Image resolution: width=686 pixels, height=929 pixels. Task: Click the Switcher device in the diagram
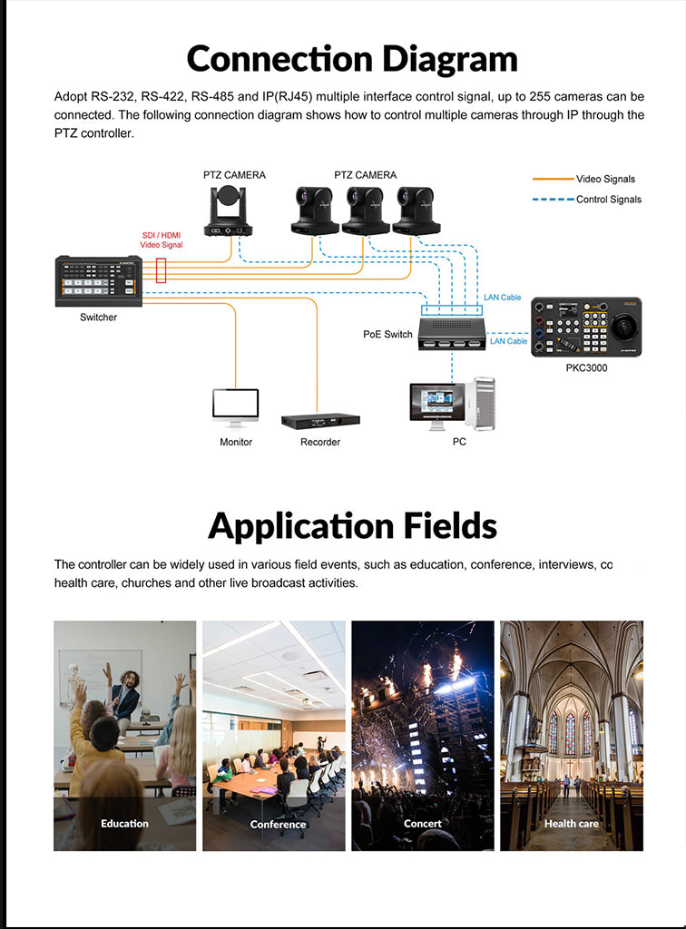[x=98, y=281]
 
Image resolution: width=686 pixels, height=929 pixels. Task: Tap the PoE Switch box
[x=452, y=334]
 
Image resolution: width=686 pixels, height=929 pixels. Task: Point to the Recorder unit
[x=320, y=421]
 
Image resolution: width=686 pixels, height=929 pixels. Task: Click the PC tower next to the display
[x=480, y=404]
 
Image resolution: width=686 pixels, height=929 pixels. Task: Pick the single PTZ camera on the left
[x=228, y=210]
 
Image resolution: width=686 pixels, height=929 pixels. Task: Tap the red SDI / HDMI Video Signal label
[x=162, y=240]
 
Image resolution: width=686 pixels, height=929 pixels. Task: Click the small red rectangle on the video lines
[x=162, y=270]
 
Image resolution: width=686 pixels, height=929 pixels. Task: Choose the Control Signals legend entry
[x=587, y=200]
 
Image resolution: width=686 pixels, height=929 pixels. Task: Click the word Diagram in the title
[x=450, y=60]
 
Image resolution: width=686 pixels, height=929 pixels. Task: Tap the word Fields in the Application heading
[x=450, y=525]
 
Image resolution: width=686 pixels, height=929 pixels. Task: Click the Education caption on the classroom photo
[x=124, y=824]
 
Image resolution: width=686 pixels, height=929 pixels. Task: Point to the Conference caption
[x=278, y=824]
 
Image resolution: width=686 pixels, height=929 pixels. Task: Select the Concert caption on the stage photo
[x=422, y=824]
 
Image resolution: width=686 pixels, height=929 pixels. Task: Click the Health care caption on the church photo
[x=572, y=824]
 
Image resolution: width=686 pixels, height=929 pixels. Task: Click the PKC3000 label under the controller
[x=586, y=368]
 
